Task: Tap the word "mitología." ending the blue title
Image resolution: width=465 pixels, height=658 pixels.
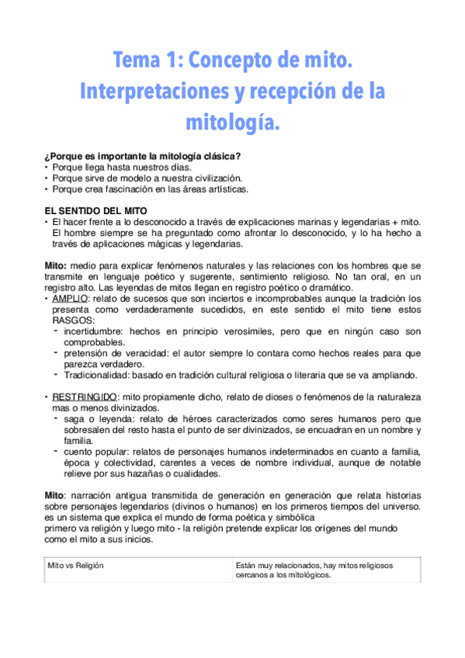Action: [x=232, y=122]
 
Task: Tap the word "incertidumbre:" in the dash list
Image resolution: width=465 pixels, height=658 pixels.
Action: [x=95, y=331]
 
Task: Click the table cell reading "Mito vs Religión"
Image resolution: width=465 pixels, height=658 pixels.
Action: [x=76, y=566]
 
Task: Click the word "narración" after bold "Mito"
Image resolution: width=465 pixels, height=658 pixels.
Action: [x=90, y=495]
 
